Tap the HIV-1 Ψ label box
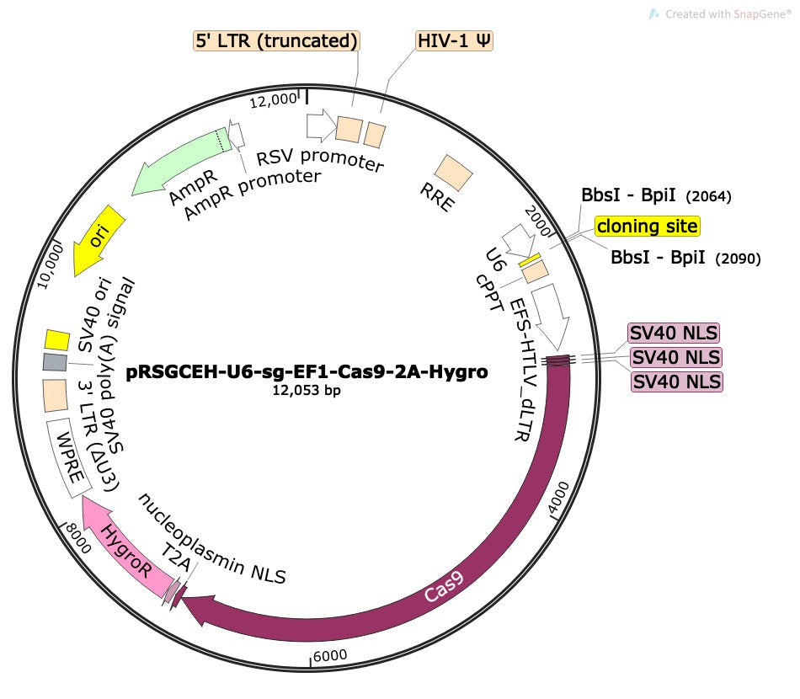click(x=455, y=40)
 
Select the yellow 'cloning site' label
click(x=647, y=226)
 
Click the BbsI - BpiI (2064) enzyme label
click(x=656, y=195)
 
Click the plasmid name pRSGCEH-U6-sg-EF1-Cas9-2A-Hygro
click(x=307, y=372)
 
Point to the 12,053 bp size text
click(x=307, y=390)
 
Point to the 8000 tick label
click(x=78, y=537)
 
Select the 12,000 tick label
click(x=273, y=101)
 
